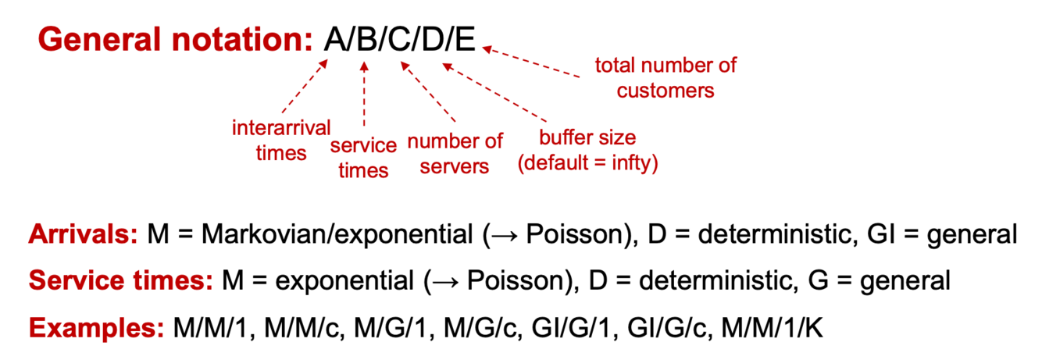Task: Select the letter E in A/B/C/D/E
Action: pos(465,38)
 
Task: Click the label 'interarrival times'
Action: pos(281,140)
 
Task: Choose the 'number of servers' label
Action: pos(455,154)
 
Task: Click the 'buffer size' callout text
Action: pos(588,138)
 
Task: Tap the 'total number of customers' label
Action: pos(666,77)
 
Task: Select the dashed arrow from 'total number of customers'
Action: pos(531,62)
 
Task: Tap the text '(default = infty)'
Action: pos(588,165)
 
